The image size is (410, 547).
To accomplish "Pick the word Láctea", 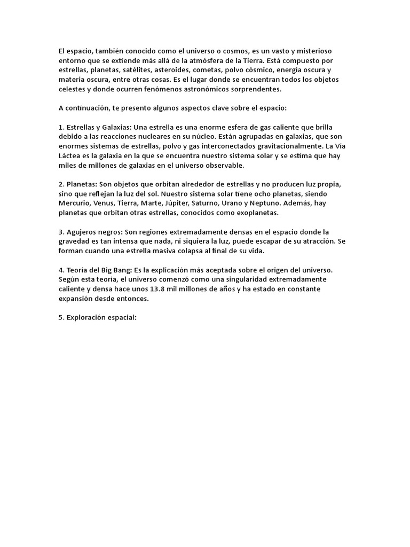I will (70, 157).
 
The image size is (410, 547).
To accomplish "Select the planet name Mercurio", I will (75, 204).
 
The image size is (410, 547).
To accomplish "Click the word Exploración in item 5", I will (88, 319).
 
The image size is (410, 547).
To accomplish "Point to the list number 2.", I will (61, 184).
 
